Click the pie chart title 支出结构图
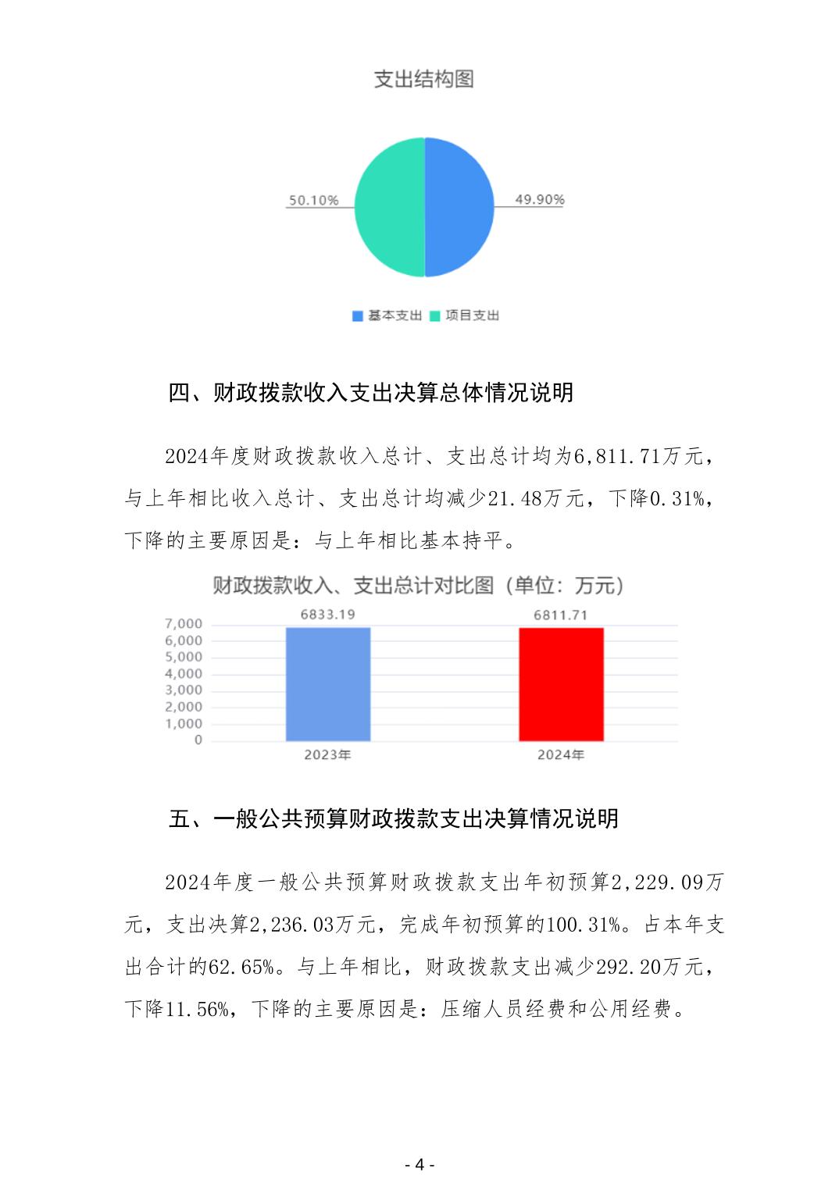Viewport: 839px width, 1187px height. coord(423,79)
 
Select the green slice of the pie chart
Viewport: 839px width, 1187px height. coord(388,207)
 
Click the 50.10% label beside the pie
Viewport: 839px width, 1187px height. coord(313,201)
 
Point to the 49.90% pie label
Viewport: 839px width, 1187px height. coord(539,200)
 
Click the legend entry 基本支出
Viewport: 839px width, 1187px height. coord(387,315)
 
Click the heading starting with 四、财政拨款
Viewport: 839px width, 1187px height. coord(371,392)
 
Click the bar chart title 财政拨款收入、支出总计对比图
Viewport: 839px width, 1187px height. coord(419,586)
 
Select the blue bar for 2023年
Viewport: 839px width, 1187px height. coord(328,684)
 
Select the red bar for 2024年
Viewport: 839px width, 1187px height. coord(561,684)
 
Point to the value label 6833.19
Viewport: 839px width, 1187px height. coord(328,615)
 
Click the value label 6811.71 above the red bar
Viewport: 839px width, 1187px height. coord(560,615)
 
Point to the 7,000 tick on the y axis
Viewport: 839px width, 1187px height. coord(184,624)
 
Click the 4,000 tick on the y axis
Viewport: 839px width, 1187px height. coord(184,674)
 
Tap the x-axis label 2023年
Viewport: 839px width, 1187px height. coord(328,755)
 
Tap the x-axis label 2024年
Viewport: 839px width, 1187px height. coord(560,755)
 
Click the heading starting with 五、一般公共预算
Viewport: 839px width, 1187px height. coord(394,818)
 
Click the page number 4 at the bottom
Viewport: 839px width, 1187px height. coord(419,1164)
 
